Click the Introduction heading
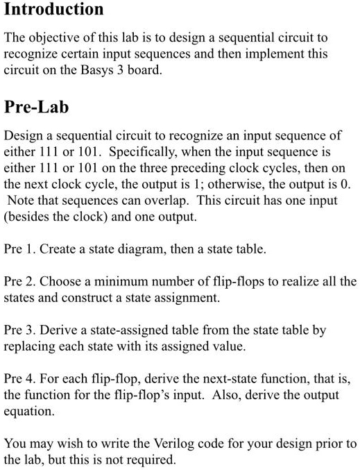coord(54,10)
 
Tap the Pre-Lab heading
coord(37,108)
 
